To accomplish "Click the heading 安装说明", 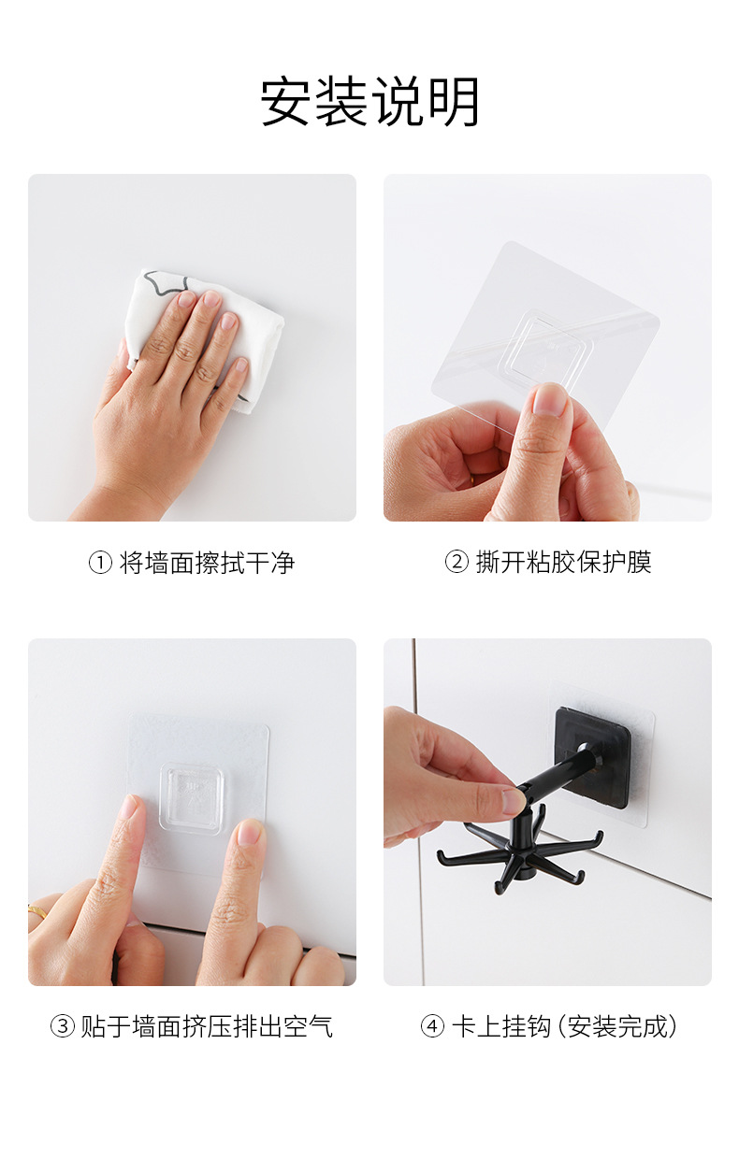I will point(369,102).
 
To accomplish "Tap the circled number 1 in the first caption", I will point(100,563).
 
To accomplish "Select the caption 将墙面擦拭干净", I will point(207,563).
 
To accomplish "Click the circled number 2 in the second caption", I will point(456,563).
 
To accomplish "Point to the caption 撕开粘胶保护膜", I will point(563,563).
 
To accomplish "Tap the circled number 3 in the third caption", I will point(62,1027).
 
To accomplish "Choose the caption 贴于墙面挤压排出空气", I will point(206,1027).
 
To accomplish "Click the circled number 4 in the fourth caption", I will point(431,1027).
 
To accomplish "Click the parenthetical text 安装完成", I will point(620,1027).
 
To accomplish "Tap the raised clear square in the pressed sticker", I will point(194,798).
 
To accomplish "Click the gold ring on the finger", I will point(36,909).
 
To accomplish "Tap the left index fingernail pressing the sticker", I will point(127,808).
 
